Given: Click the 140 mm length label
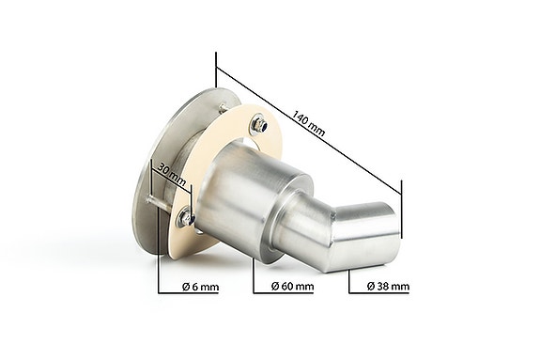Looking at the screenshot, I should pyautogui.click(x=309, y=123).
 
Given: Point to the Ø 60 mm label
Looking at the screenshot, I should pyautogui.click(x=291, y=285).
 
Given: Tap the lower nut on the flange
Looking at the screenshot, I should pyautogui.click(x=189, y=219).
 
